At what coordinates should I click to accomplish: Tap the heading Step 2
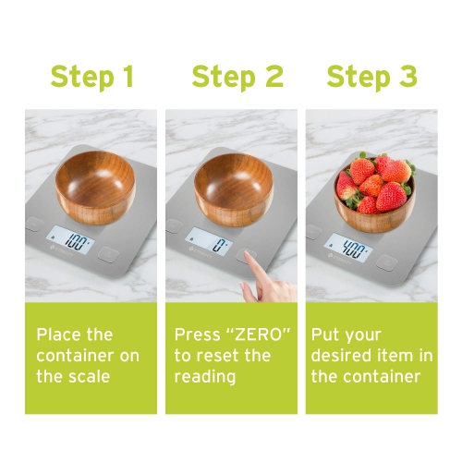tap(237, 78)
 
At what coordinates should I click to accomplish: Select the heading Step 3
tap(371, 78)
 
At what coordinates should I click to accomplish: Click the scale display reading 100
tap(77, 245)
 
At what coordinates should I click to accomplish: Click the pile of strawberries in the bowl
tap(373, 181)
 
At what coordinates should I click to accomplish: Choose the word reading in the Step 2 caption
tap(205, 377)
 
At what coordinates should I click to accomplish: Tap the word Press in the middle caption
tap(197, 334)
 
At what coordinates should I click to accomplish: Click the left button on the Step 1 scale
tap(34, 223)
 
